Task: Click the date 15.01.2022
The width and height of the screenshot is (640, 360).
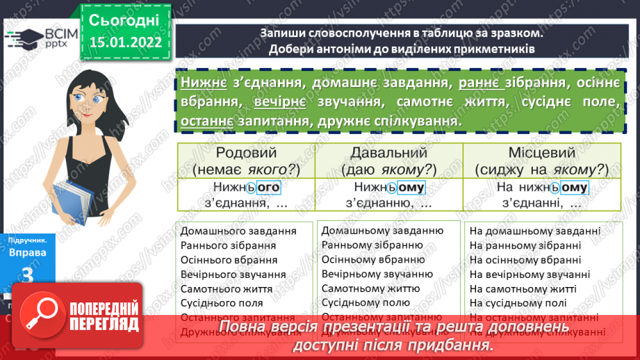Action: point(124,42)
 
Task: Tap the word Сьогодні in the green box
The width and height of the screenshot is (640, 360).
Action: point(124,19)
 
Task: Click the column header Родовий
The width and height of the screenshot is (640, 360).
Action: point(246,153)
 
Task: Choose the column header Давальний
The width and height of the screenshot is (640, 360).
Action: point(388,153)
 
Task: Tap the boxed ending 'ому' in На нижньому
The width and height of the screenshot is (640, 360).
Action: point(574,187)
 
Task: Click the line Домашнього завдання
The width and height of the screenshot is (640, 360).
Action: point(238,231)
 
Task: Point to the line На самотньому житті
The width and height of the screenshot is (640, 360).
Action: point(523,288)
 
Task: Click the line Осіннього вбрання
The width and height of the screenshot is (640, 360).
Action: point(229,259)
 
